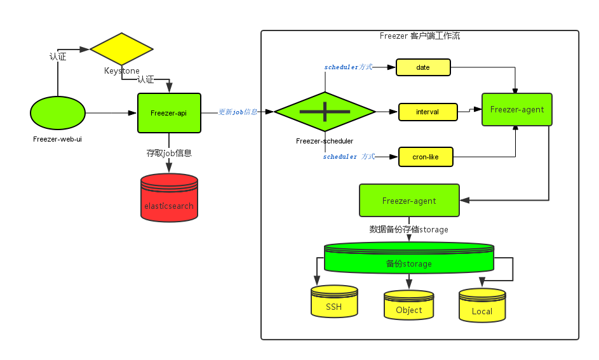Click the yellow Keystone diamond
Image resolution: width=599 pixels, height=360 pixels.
[121, 49]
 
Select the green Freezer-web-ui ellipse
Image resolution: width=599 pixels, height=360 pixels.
[57, 113]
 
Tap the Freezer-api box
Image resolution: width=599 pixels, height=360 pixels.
[169, 113]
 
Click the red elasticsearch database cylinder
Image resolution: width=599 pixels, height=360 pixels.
[169, 197]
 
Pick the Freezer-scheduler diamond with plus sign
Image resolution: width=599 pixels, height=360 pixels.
[325, 112]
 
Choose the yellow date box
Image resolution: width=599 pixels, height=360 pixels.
[423, 67]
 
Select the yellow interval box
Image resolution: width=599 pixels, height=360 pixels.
[427, 112]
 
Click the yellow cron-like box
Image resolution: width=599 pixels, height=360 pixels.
[426, 156]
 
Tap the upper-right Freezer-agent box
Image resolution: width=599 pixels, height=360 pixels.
[516, 109]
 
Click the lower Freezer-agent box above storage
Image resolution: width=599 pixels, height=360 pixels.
[409, 201]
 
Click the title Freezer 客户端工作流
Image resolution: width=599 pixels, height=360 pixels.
[419, 36]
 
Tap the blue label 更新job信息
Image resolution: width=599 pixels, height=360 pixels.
[238, 112]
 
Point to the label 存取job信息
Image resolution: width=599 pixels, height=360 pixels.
[169, 153]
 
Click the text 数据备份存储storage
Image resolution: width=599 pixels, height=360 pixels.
[409, 229]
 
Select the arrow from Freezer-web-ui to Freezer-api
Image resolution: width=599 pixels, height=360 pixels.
[111, 113]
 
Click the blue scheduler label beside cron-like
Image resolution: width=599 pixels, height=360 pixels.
[349, 156]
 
